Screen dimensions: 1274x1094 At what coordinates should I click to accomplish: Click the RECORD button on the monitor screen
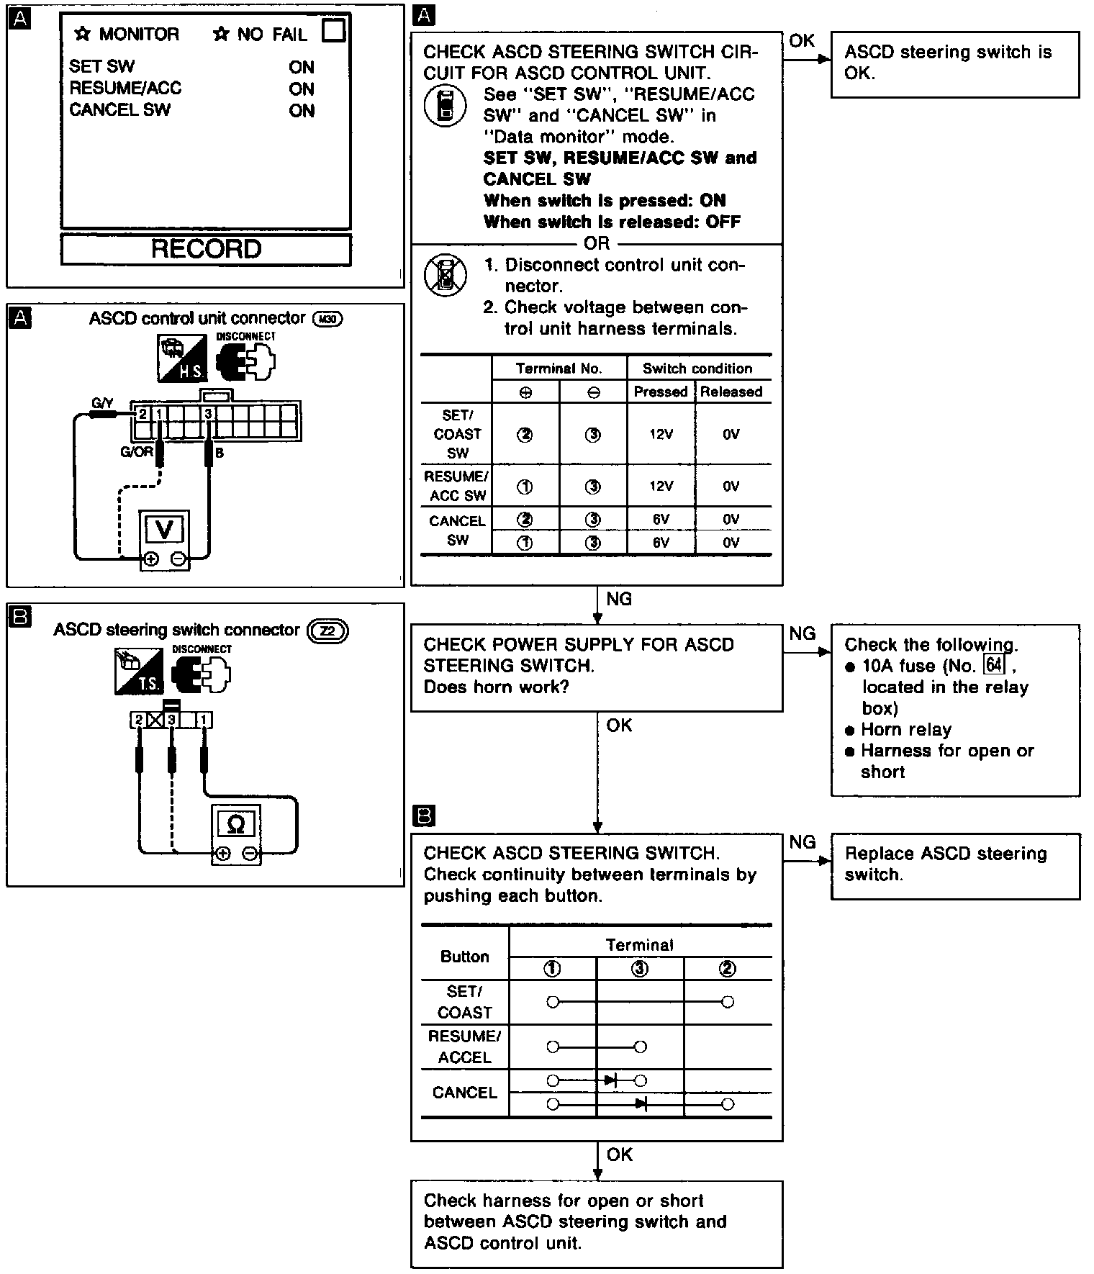(206, 249)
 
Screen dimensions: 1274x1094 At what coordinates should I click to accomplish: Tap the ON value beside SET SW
(302, 67)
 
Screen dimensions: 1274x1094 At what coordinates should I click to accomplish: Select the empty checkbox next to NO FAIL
(334, 31)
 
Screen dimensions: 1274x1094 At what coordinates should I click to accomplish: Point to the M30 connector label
(327, 319)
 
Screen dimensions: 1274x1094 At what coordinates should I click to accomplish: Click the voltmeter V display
(164, 530)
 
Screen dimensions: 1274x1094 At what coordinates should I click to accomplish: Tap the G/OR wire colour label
(137, 453)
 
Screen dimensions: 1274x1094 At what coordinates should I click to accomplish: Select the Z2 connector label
(327, 631)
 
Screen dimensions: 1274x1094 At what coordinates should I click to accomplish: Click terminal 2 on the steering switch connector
(137, 720)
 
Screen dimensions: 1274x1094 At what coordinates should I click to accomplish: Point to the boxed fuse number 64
(994, 664)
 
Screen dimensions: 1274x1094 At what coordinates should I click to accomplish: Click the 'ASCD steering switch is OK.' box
(954, 63)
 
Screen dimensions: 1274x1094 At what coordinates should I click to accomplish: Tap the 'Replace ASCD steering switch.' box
(954, 865)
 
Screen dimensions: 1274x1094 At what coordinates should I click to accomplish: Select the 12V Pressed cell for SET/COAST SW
(661, 434)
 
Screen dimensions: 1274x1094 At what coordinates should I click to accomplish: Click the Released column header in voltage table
(731, 392)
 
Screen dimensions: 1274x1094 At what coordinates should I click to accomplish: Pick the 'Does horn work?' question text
(496, 687)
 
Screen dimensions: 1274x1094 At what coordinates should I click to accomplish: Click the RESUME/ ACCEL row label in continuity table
(464, 1047)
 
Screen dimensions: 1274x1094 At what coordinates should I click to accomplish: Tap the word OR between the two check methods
(597, 243)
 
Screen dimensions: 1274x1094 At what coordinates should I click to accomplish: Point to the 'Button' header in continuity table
(464, 957)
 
